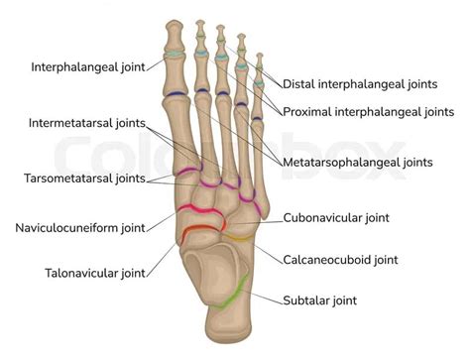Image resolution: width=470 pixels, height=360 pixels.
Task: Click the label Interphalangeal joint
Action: pos(87,66)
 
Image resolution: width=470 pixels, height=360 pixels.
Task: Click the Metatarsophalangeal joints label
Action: pos(355,162)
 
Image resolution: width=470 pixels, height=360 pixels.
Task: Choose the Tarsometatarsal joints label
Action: pos(84,180)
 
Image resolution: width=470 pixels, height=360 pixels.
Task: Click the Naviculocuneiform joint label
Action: pos(78,227)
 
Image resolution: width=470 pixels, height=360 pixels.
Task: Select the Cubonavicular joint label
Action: pos(336,216)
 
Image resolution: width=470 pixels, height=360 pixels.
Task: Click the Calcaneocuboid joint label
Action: pos(341,260)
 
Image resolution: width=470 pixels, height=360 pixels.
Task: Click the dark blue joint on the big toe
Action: pos(174,94)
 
